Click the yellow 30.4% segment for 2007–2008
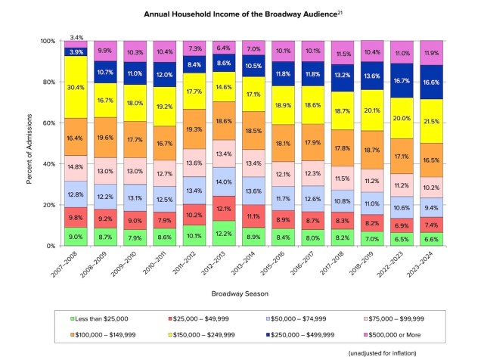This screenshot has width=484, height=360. [x=76, y=87]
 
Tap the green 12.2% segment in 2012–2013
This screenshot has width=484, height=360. [x=225, y=233]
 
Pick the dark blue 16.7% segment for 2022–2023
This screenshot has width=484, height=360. [x=402, y=80]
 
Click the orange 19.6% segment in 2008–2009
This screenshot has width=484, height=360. [x=106, y=138]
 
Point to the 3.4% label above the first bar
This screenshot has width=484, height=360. [x=76, y=36]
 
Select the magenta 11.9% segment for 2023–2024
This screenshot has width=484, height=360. [x=432, y=53]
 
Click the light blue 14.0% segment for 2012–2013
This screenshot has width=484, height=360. [x=225, y=182]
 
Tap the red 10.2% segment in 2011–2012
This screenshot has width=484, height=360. [x=195, y=214]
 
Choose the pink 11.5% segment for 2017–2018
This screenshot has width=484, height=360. [x=343, y=178]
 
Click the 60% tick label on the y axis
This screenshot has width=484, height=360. [x=48, y=123]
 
